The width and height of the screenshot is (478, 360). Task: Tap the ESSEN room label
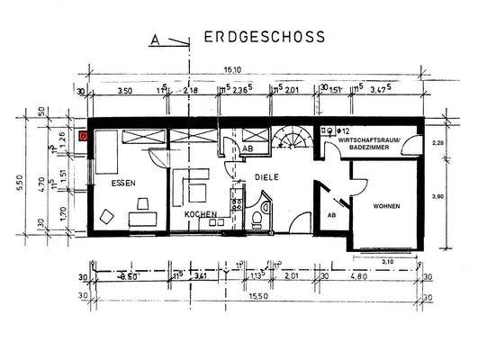point(124,184)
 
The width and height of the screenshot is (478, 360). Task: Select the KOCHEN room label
point(203,215)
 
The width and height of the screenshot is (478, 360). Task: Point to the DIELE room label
point(266,177)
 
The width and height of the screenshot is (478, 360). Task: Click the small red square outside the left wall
point(84,137)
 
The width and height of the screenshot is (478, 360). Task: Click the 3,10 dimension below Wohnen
point(389,261)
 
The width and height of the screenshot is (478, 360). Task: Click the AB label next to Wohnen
point(331,216)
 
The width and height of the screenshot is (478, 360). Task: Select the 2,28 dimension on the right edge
point(438,142)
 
